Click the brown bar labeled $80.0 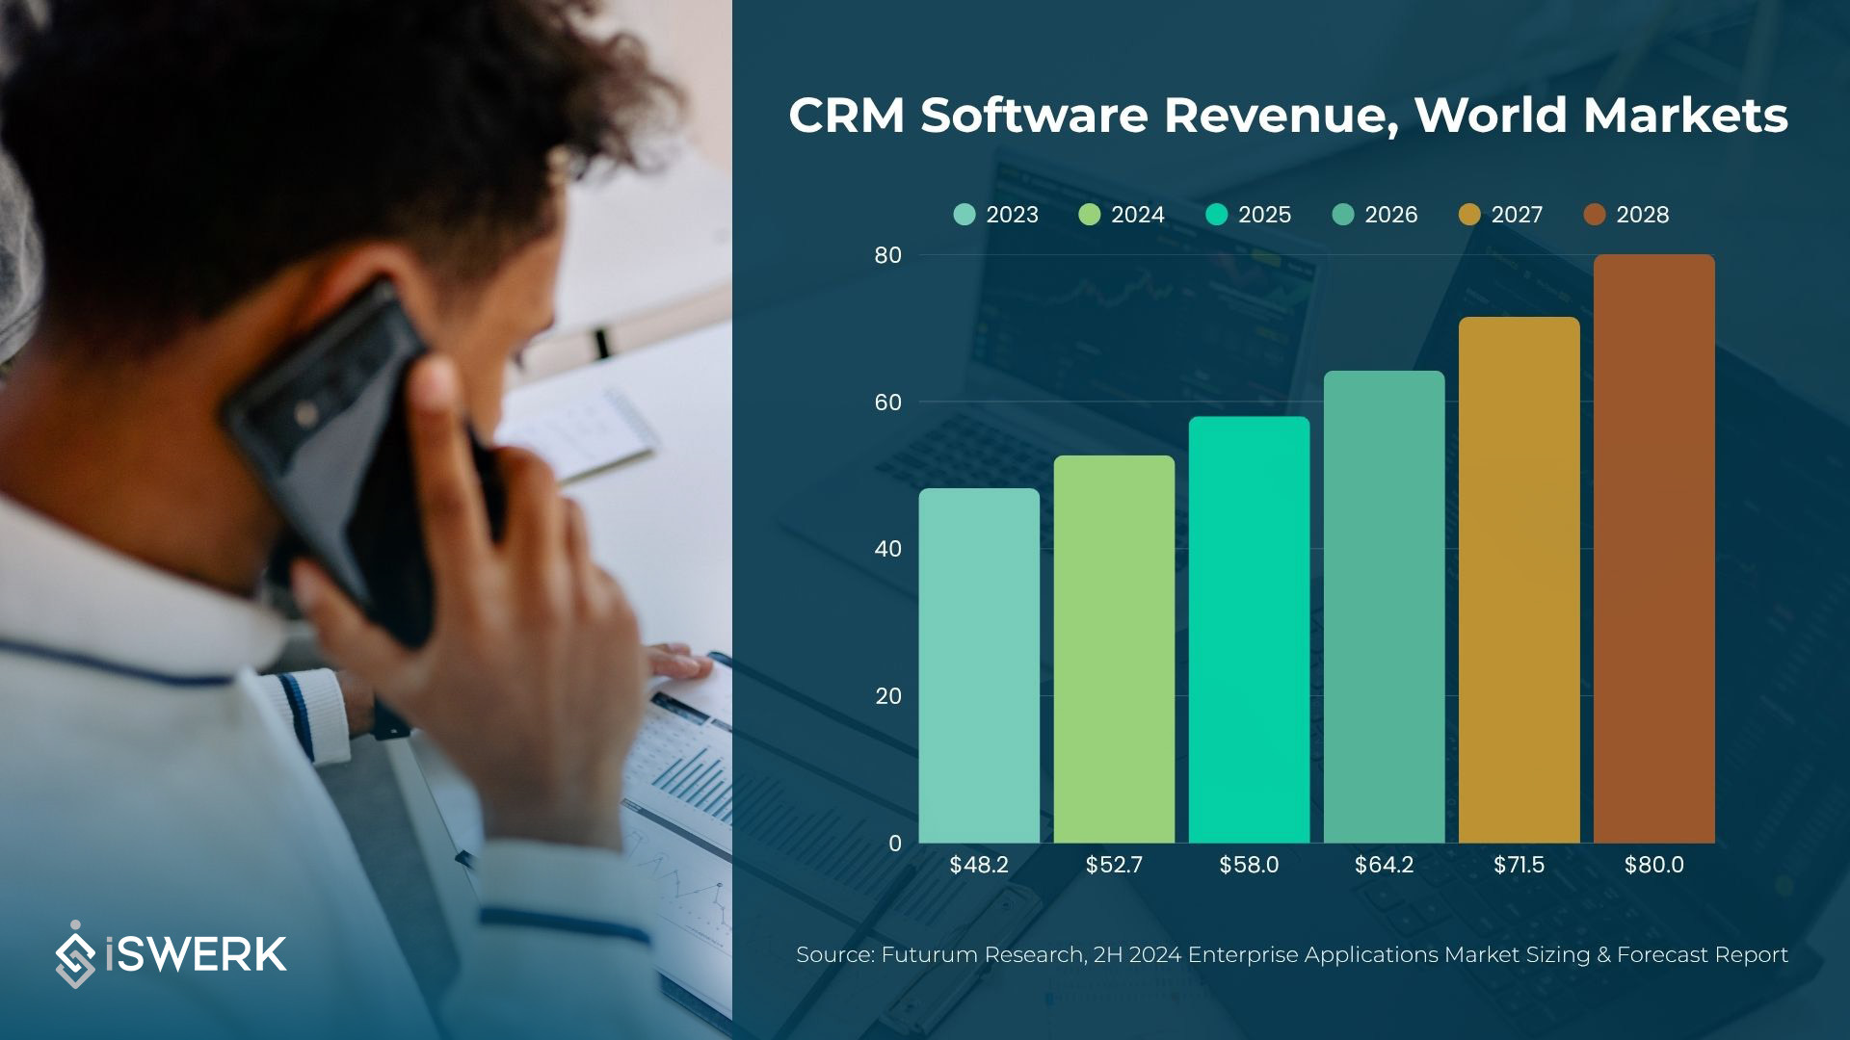tap(1653, 549)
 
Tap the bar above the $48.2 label tap(979, 665)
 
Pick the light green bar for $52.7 tap(1114, 649)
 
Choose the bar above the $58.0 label tap(1249, 630)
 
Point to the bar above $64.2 tap(1384, 607)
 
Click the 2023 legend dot tap(965, 215)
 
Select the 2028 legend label tap(1642, 215)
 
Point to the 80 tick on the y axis tap(887, 255)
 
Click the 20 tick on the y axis tap(887, 696)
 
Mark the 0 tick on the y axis tap(895, 844)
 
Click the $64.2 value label tap(1384, 865)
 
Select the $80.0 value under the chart tap(1653, 865)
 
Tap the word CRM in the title tap(847, 116)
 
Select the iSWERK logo tap(172, 954)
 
